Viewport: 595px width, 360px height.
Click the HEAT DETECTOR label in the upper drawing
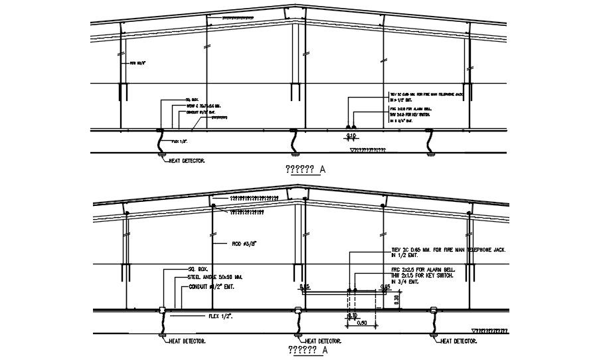pos(187,160)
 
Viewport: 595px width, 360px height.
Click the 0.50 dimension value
pos(363,323)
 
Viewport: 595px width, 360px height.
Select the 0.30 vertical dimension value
pos(396,299)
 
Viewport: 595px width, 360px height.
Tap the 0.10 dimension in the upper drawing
pos(351,136)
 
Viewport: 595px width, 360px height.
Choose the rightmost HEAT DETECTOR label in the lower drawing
pos(460,341)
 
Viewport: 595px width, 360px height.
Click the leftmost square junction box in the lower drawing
pos(162,310)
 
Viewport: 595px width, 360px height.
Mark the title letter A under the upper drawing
pos(323,169)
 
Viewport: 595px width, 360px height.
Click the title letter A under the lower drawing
pos(325,350)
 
